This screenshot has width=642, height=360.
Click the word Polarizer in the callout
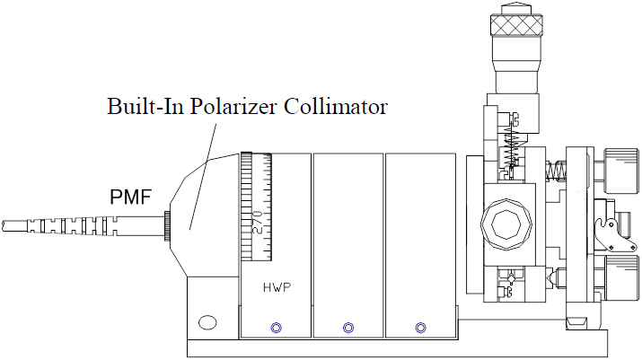coord(233,107)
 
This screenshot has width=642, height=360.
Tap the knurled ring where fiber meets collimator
coord(168,225)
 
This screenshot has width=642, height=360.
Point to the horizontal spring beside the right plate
coord(557,168)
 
